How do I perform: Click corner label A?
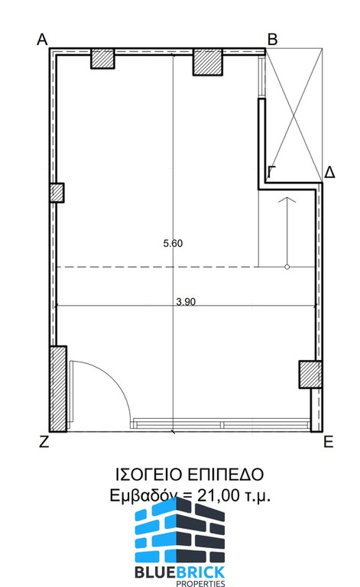point(42,39)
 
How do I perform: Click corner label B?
point(272,39)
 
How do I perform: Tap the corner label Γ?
point(272,172)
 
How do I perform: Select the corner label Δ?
point(329,172)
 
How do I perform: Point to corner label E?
point(328,442)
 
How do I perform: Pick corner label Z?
point(44,442)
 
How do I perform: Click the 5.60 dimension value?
point(173,243)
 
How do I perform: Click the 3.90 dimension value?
point(186,301)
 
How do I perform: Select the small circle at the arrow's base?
point(287,267)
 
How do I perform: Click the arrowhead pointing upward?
point(287,199)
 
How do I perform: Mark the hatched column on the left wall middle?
point(57,193)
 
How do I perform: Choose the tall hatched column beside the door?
point(58,388)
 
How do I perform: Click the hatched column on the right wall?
point(310,374)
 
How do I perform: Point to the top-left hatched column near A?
point(102,59)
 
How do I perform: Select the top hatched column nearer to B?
point(208,62)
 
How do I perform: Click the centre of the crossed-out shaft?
point(294,115)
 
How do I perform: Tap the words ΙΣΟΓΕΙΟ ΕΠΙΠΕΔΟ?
point(190,475)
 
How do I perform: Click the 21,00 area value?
point(218,495)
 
